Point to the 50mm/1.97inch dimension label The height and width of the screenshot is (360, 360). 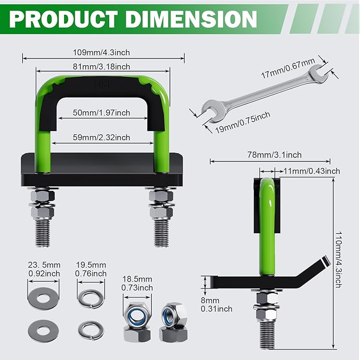pyautogui.click(x=102, y=113)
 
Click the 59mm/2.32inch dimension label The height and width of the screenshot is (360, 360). pyautogui.click(x=102, y=137)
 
